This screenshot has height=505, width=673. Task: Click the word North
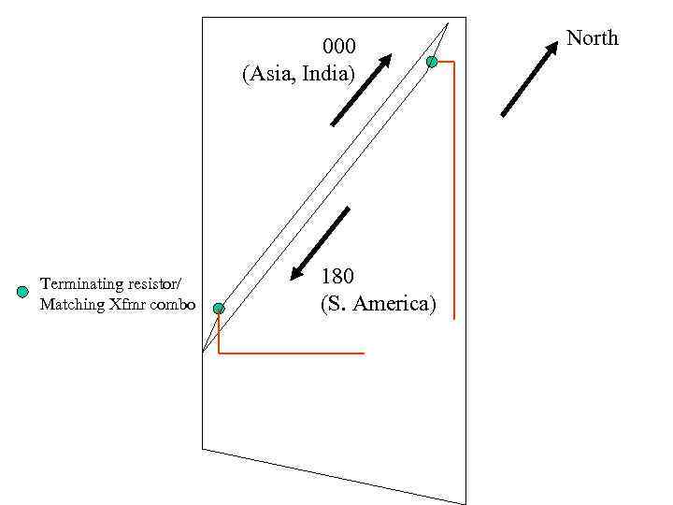593,38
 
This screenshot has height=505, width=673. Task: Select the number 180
338,277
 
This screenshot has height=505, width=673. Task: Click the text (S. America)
378,304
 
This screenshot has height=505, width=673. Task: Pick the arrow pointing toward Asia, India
362,89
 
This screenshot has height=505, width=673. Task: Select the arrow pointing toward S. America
320,243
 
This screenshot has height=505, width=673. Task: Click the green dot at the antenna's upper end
432,62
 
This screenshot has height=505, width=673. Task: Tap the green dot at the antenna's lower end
219,308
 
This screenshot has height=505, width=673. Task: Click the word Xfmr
122,305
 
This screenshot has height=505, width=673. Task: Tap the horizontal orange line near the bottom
291,353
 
